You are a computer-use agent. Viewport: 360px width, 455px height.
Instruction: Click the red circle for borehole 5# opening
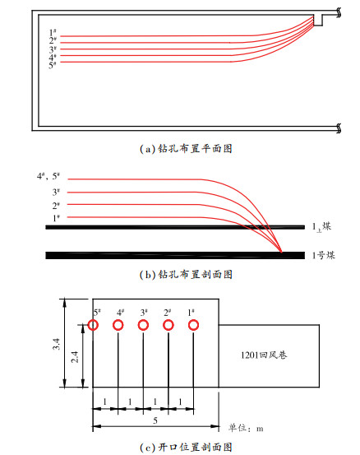click(93, 320)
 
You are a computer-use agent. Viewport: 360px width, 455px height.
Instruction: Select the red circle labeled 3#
click(143, 320)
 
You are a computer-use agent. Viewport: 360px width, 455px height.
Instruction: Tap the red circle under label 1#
click(193, 320)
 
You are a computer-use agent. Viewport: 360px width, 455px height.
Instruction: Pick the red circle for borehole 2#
click(168, 320)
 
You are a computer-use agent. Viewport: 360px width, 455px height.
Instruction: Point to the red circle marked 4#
click(118, 320)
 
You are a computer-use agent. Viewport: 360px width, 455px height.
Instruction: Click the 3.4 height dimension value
click(57, 344)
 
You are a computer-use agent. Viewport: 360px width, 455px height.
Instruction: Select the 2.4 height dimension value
click(75, 357)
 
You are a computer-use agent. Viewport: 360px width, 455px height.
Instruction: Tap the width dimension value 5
click(155, 420)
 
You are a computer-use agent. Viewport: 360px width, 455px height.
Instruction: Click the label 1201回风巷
click(264, 355)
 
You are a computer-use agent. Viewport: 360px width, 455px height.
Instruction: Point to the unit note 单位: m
click(246, 428)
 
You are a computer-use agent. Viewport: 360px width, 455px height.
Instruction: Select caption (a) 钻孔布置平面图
click(186, 149)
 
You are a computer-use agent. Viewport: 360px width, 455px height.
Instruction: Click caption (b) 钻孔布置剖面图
click(186, 274)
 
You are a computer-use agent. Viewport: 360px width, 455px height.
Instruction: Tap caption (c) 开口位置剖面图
click(186, 447)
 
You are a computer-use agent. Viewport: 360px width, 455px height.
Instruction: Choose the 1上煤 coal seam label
click(321, 227)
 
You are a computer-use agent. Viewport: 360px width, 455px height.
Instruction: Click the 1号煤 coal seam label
click(324, 255)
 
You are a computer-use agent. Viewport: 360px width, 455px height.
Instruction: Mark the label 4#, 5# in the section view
click(48, 176)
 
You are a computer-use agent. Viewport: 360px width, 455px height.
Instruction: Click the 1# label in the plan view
click(53, 32)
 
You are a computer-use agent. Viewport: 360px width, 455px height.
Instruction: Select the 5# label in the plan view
click(53, 65)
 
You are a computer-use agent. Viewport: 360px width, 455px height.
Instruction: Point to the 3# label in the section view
click(56, 192)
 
